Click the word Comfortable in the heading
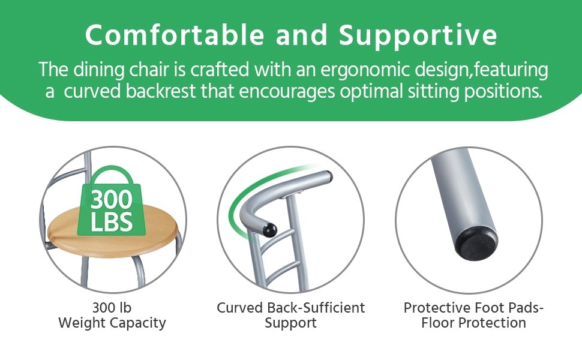tap(175, 35)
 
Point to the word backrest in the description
tap(161, 91)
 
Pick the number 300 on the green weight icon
tap(112, 200)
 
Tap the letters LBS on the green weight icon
tap(112, 221)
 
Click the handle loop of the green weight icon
tap(112, 175)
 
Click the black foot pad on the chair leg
tap(476, 244)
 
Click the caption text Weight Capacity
tap(112, 323)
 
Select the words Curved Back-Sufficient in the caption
tap(290, 308)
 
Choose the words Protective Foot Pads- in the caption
tap(473, 308)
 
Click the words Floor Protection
tap(473, 323)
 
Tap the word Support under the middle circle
tap(290, 323)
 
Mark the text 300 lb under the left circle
tap(112, 308)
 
